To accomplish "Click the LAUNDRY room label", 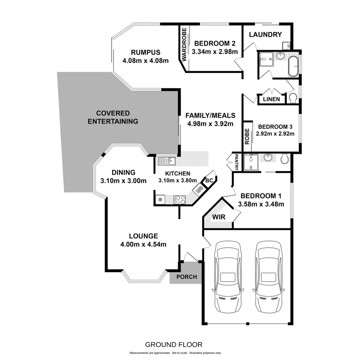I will coord(265,35).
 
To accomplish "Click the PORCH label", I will coord(186,277).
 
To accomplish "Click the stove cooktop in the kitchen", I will coord(180,200).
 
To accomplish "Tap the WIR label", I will coord(219,217).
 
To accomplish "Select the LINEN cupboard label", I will coord(271,99).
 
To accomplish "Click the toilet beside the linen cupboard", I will coord(293,98).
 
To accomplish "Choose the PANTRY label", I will coord(237,162).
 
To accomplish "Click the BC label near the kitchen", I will coord(209,180).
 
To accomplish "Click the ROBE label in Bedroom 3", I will coord(247,136).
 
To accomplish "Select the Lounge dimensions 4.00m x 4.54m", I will coord(143,244).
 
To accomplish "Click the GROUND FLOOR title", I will coord(174,344).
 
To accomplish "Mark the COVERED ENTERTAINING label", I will coord(113,117).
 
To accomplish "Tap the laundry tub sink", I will coord(287,45).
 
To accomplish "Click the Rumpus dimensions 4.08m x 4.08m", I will coord(145,60).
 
